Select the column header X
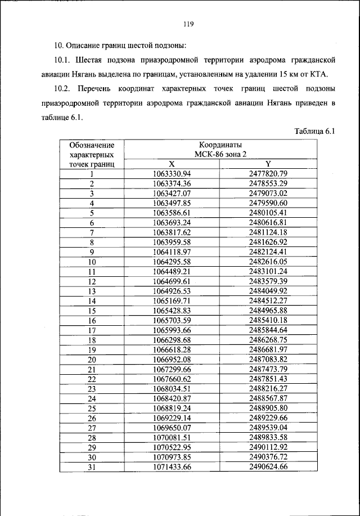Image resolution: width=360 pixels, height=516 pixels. [x=172, y=164]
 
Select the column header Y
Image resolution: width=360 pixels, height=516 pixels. [x=268, y=164]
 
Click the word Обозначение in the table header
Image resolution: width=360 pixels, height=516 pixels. [x=92, y=145]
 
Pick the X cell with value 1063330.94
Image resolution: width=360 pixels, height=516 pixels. [x=172, y=173]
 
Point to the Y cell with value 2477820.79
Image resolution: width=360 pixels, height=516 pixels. [x=268, y=173]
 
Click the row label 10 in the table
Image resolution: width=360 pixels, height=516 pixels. [x=92, y=262]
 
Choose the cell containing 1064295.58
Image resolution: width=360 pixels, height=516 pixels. [x=172, y=262]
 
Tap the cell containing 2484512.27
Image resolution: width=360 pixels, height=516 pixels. [x=268, y=301]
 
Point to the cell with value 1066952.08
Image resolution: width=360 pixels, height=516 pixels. [x=172, y=360]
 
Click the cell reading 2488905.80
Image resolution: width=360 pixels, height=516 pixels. [x=268, y=409]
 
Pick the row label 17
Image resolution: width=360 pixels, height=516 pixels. [x=92, y=330]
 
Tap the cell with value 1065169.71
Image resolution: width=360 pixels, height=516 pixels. [x=172, y=301]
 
